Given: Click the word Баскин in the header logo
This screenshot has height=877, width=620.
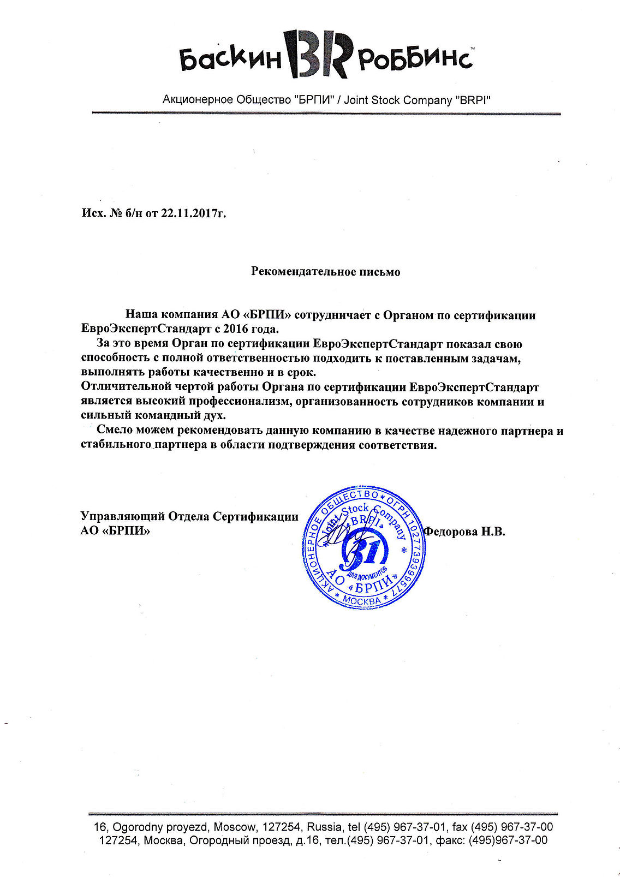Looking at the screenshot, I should [230, 59].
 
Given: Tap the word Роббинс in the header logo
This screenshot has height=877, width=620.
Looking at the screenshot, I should [415, 59].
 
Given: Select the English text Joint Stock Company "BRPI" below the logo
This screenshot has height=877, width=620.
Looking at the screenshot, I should [418, 100].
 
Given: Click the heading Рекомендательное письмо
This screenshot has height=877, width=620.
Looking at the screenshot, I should [325, 271].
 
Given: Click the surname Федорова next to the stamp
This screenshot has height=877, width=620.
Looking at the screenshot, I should [451, 531].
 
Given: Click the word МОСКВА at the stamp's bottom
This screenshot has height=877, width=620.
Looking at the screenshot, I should [362, 600].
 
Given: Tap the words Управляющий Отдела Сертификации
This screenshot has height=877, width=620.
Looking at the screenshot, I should [189, 516].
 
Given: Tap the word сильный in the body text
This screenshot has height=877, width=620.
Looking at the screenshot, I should [103, 416].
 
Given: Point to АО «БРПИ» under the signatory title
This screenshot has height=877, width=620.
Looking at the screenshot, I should [115, 530].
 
